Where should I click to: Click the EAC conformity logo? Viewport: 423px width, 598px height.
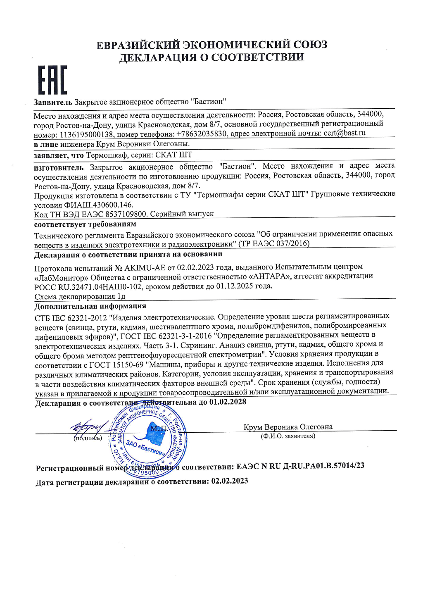point(52,80)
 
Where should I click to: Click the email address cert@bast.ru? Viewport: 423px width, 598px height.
point(345,133)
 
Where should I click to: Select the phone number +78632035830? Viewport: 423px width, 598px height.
point(202,134)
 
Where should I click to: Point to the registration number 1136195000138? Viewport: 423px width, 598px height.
point(86,135)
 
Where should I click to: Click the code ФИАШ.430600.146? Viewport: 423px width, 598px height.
point(98,205)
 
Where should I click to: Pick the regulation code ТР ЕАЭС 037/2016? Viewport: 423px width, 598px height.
point(274,243)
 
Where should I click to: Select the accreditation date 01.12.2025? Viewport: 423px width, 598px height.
point(233,286)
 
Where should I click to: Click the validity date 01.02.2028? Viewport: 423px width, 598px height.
point(228,402)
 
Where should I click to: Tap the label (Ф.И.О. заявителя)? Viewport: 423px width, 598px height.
point(288,436)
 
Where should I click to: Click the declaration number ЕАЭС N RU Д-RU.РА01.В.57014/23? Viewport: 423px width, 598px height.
point(300,466)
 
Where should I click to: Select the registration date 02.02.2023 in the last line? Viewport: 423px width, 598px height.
point(230,481)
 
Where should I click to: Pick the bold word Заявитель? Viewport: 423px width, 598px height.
point(53,102)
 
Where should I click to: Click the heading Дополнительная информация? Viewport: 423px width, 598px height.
point(90,306)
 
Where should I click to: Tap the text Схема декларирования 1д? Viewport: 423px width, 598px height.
point(80,296)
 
